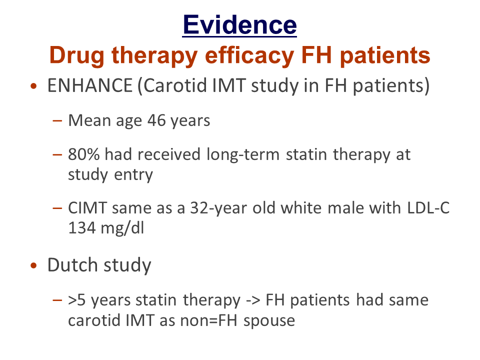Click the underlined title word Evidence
click(239, 25)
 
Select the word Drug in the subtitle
click(77, 56)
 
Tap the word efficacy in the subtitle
click(249, 56)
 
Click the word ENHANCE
click(89, 85)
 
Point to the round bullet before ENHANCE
click(33, 86)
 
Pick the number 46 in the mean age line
click(156, 120)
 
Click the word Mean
click(89, 120)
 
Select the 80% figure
click(83, 154)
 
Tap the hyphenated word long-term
click(243, 155)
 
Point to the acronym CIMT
click(87, 208)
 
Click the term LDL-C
click(428, 208)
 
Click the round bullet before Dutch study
click(33, 265)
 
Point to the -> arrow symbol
click(253, 300)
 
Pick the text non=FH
click(209, 321)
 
